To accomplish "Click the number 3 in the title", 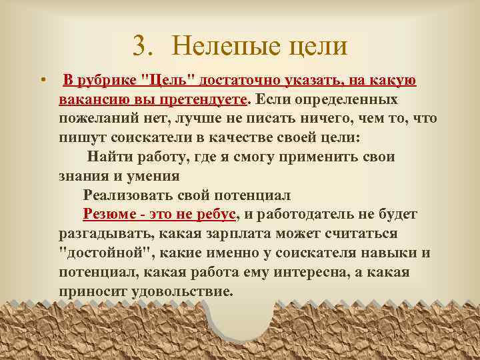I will [x=139, y=46].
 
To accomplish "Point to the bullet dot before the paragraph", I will [x=42, y=81].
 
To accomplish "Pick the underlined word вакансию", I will [x=90, y=100].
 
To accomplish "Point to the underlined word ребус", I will [x=217, y=215].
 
